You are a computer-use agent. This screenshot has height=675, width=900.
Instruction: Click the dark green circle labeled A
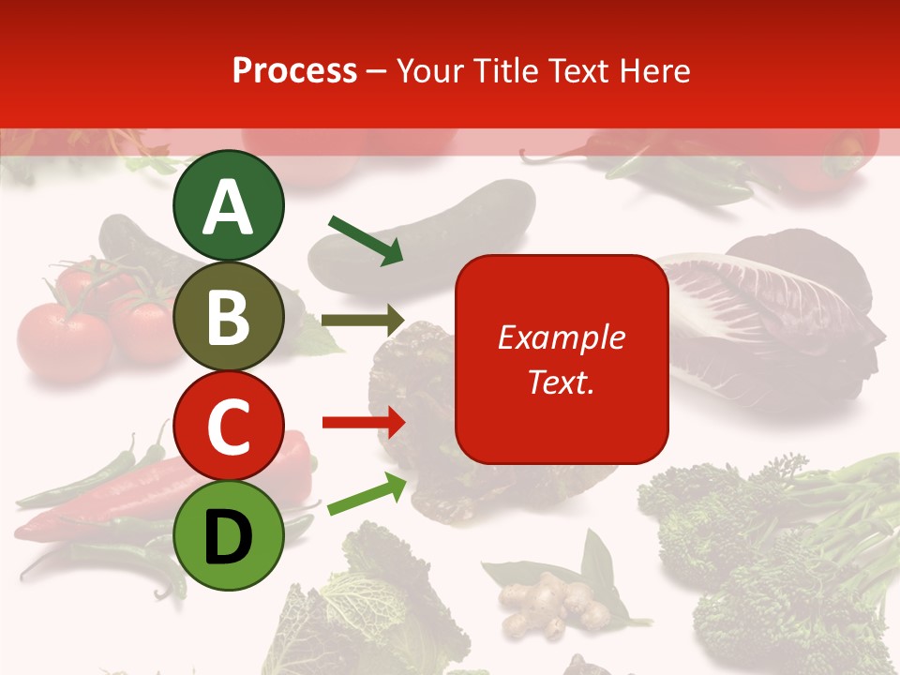point(228,205)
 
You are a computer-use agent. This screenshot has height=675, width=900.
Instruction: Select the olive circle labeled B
point(228,317)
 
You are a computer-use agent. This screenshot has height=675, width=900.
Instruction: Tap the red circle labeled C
point(228,427)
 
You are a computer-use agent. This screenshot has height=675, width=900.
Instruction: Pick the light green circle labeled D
point(228,536)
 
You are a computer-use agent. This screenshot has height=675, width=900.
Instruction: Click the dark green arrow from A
point(366,239)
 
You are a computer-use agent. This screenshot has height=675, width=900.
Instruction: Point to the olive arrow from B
point(362,321)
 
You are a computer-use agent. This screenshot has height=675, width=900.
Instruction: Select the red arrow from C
point(364,423)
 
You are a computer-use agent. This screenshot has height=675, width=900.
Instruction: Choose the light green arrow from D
point(367,494)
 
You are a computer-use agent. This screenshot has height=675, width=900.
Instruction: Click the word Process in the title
point(294,70)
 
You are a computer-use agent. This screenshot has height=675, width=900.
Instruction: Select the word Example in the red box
point(561,337)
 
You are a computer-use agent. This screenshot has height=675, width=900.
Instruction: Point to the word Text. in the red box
point(561,382)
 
